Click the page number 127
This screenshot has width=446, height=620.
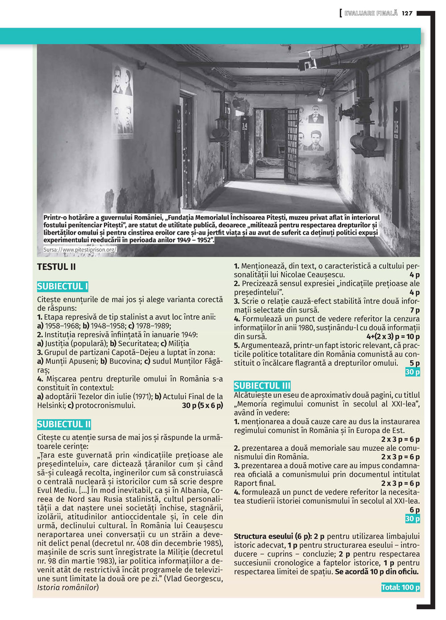point(407,13)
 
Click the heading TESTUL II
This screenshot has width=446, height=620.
point(56,267)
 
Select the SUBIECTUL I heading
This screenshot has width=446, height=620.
point(62,287)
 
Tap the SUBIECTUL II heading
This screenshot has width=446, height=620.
point(64,424)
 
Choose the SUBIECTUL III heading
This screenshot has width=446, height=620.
point(262,386)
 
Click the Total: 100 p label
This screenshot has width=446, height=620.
point(401,587)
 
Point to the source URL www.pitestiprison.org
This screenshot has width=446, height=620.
point(80,250)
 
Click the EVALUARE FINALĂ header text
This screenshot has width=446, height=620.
point(371,13)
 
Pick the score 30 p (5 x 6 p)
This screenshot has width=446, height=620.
point(202,405)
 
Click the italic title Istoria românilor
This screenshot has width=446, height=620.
point(67,587)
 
